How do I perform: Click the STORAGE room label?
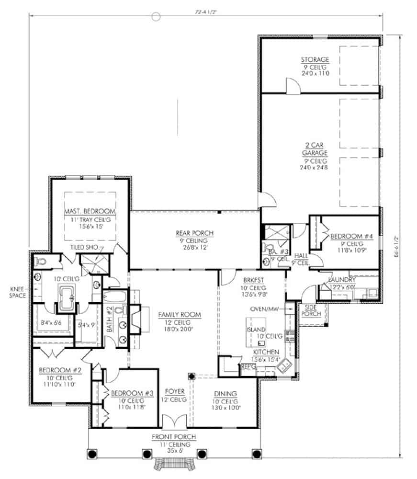click(x=315, y=60)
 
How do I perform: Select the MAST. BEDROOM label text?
click(x=90, y=211)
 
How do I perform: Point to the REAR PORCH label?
click(x=194, y=233)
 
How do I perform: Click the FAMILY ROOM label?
click(x=179, y=315)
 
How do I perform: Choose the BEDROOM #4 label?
click(x=344, y=235)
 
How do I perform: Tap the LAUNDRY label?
click(x=342, y=280)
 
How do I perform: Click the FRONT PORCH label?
click(x=174, y=437)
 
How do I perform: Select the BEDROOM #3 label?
click(x=132, y=393)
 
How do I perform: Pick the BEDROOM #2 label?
click(x=56, y=369)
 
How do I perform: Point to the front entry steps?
click(x=174, y=465)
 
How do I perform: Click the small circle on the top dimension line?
click(x=156, y=16)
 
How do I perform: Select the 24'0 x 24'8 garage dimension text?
click(x=315, y=168)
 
